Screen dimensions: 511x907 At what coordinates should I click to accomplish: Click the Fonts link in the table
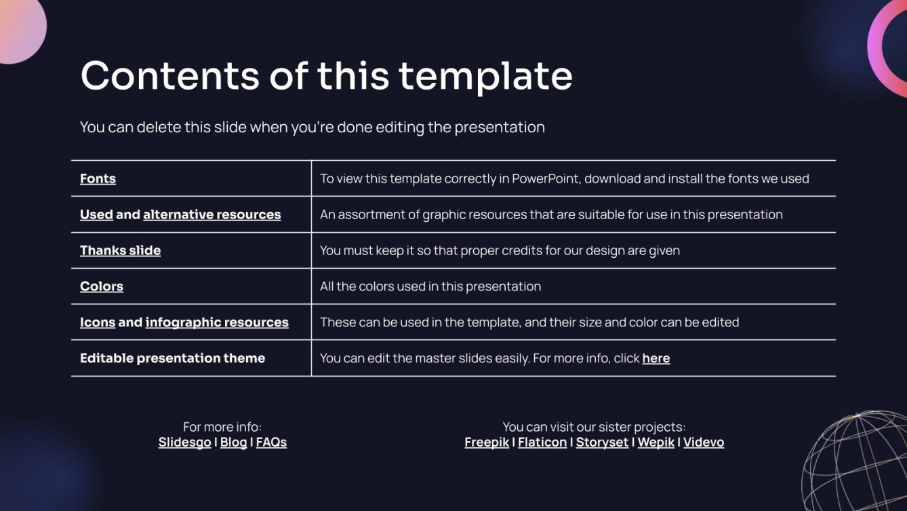tap(98, 179)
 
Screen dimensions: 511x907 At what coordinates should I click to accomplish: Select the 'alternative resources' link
tap(211, 215)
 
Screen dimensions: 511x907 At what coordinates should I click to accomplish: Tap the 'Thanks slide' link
tap(120, 251)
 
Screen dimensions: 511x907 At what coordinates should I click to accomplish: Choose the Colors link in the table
tap(102, 287)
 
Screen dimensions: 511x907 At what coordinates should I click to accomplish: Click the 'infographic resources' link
tap(217, 323)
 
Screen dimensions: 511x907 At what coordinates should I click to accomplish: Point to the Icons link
tap(97, 323)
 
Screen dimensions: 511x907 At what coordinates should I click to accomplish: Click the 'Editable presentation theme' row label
tap(172, 358)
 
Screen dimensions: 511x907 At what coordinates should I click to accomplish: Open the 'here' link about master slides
tap(656, 359)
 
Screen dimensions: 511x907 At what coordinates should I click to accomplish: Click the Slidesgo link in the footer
tap(184, 442)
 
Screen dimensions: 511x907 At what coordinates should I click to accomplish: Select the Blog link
tap(233, 442)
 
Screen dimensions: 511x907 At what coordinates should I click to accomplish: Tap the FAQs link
tap(271, 442)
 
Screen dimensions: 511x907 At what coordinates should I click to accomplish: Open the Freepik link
tap(486, 442)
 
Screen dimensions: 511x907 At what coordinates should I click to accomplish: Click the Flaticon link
tap(542, 442)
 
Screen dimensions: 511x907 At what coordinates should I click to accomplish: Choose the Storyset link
tap(602, 442)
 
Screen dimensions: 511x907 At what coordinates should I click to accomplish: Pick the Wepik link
tap(656, 442)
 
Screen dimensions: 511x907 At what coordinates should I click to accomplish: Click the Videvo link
tap(703, 442)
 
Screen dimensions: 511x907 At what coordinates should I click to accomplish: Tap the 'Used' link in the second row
tap(96, 215)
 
